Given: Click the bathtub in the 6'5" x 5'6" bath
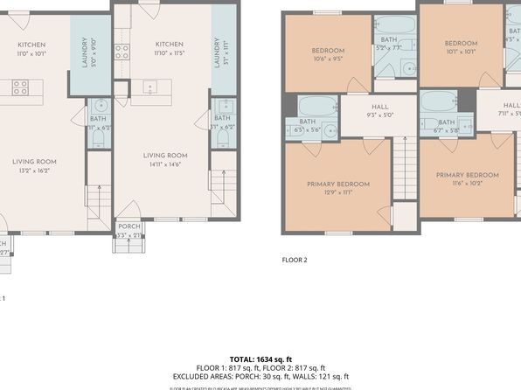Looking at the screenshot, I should [311, 108].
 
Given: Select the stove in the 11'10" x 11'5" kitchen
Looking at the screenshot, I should [122, 51].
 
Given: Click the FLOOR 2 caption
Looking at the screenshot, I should [295, 259].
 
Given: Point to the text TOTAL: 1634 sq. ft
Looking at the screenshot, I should [260, 359].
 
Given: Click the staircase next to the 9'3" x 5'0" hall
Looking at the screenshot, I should [403, 171].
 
